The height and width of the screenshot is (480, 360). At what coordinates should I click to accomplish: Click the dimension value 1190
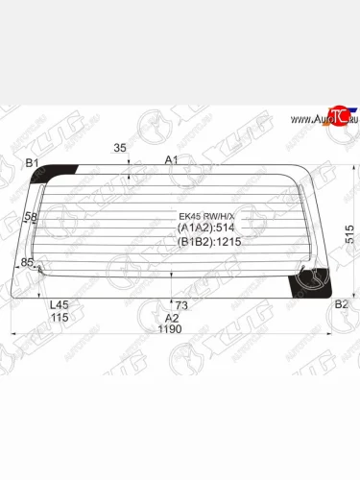click(x=171, y=329)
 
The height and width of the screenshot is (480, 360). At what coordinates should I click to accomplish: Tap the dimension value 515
click(x=349, y=234)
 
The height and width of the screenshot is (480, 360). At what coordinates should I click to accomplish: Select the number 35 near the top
click(x=120, y=148)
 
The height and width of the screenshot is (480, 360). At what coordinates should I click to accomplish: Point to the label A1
click(x=172, y=159)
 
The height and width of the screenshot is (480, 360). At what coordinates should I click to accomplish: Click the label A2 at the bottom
click(x=172, y=318)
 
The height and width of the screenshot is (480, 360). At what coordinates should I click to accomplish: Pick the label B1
click(x=32, y=163)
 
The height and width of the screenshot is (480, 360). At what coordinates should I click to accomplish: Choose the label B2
click(x=341, y=304)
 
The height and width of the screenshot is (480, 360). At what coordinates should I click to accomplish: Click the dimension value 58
click(x=31, y=218)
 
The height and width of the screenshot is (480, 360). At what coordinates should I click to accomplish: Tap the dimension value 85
click(x=27, y=262)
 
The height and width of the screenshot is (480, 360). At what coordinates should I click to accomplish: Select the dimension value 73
click(x=180, y=304)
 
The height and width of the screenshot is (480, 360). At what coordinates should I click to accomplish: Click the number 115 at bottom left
click(x=59, y=318)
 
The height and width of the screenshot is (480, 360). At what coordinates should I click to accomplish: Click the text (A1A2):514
click(x=206, y=228)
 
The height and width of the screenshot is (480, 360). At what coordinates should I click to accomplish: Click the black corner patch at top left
click(x=62, y=173)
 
